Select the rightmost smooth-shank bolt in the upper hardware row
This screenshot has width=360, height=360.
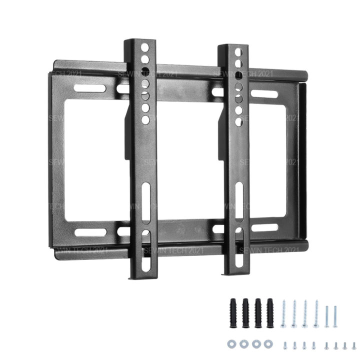[x=338, y=315]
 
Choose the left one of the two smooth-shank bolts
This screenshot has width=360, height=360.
[x=327, y=315]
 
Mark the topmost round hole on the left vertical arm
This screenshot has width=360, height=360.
[x=144, y=48]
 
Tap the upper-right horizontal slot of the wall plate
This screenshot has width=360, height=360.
[x=263, y=92]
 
